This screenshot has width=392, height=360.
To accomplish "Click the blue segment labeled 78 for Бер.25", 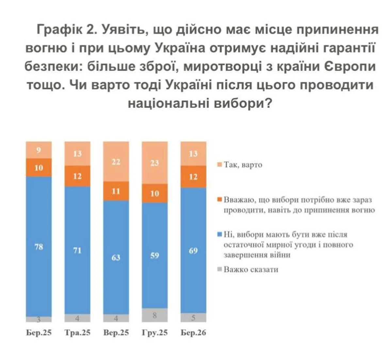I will pos(39,247).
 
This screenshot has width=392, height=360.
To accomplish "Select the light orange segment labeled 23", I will pos(155,163).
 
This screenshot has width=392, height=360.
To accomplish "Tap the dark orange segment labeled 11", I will pos(116,191).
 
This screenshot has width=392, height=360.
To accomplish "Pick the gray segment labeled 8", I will pos(155,315).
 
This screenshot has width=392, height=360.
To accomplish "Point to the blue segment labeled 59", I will pos(155,255).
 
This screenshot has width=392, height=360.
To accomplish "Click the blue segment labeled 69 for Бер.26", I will pos(193,250).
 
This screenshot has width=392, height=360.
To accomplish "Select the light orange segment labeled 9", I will pos(39,150).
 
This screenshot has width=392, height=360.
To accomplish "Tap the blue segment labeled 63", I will pos(116,257).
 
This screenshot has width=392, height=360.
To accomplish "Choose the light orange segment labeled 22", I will pos(116,162).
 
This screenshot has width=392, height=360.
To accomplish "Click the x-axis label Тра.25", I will pos(77,333).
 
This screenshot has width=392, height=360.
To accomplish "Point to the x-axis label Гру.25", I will pos(155,333).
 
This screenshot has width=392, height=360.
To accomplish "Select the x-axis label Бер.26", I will pos(193,333).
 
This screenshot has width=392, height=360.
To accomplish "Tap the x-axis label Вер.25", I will pos(116,333).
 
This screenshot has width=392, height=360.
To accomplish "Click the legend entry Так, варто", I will pos(243,164).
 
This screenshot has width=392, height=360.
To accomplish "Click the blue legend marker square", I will pos(220,234).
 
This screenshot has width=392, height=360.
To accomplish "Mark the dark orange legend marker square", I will pos(220,199).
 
